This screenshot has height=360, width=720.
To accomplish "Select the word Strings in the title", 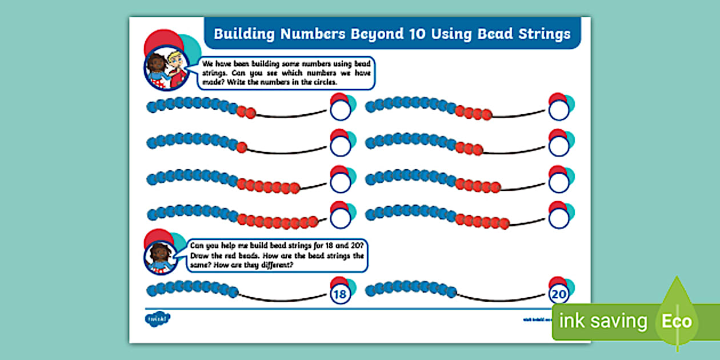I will [x=541, y=34].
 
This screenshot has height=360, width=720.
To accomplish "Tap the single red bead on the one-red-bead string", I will [x=242, y=147].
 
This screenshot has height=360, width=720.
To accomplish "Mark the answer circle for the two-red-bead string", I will [x=341, y=110].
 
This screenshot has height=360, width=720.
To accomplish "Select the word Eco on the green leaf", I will [x=677, y=321].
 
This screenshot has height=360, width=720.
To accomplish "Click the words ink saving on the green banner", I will [x=603, y=321].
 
